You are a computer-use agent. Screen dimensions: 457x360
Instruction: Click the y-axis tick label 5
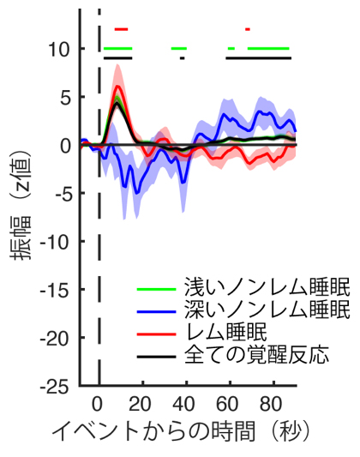pyautogui.click(x=64, y=97)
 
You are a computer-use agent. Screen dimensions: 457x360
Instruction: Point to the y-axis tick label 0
pyautogui.click(x=64, y=146)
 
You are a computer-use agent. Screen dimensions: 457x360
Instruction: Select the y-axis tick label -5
pyautogui.click(x=60, y=194)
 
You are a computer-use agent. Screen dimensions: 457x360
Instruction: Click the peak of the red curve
pyautogui.click(x=118, y=86)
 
